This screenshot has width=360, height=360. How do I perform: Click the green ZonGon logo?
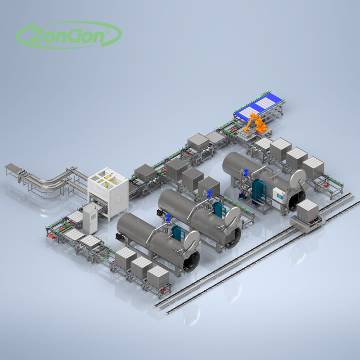click(69, 35)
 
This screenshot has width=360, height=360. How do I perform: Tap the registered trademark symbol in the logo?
click(107, 30)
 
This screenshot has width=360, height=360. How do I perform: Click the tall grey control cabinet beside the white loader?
click(90, 220)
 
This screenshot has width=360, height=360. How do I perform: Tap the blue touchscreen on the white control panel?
click(279, 196)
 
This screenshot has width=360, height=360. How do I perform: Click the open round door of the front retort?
click(192, 241)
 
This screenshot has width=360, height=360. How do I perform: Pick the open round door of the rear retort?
click(297, 180)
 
